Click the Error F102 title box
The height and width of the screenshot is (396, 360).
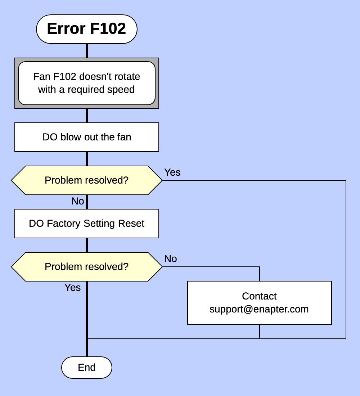(86, 29)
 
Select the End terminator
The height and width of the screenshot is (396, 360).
(86, 368)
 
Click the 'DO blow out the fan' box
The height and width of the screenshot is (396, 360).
(86, 137)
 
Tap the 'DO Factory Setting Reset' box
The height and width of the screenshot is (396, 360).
(86, 224)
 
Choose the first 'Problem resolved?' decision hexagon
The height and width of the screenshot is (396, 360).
(86, 180)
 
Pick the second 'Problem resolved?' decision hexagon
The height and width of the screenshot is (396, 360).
(86, 267)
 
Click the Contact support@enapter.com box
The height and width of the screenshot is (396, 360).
(259, 303)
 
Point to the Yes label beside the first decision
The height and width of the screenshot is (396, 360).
(172, 172)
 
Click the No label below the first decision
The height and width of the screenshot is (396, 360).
(77, 201)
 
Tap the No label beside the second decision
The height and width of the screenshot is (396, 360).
(170, 259)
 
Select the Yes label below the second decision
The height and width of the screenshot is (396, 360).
(72, 288)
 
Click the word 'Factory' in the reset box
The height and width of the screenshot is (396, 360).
(64, 224)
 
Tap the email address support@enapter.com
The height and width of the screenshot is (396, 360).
(259, 309)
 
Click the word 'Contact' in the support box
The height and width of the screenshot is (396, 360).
(259, 296)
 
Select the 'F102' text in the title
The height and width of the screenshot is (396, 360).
(108, 29)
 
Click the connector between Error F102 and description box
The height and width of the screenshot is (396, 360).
(86, 51)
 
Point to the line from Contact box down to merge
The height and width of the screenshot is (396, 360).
(259, 332)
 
